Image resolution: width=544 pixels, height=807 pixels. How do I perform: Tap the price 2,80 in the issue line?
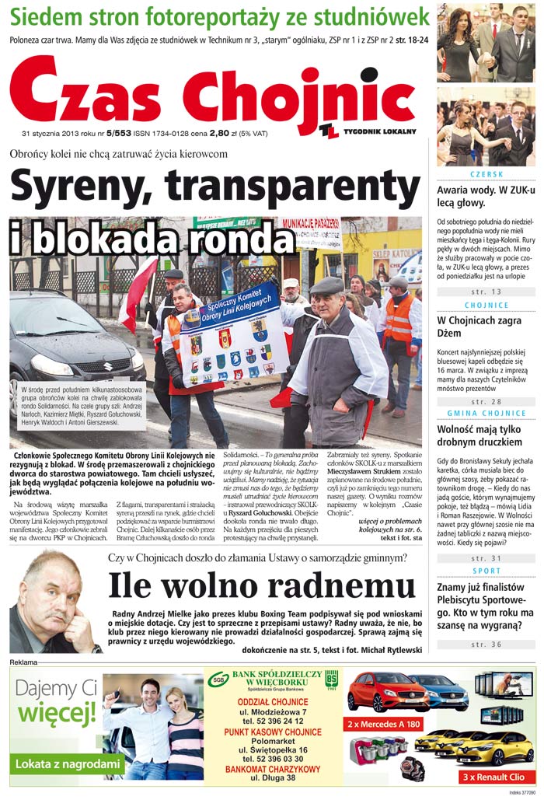coord(219,133)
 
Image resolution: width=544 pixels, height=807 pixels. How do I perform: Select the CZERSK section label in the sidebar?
coord(486,174)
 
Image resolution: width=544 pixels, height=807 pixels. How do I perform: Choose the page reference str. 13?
coord(486,292)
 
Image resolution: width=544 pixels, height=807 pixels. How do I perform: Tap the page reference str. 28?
coord(486,401)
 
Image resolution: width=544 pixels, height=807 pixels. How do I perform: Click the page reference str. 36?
coord(486,645)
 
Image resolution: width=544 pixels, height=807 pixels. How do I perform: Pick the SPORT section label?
coord(486,571)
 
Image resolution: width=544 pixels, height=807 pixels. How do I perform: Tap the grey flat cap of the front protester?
coord(326,285)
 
